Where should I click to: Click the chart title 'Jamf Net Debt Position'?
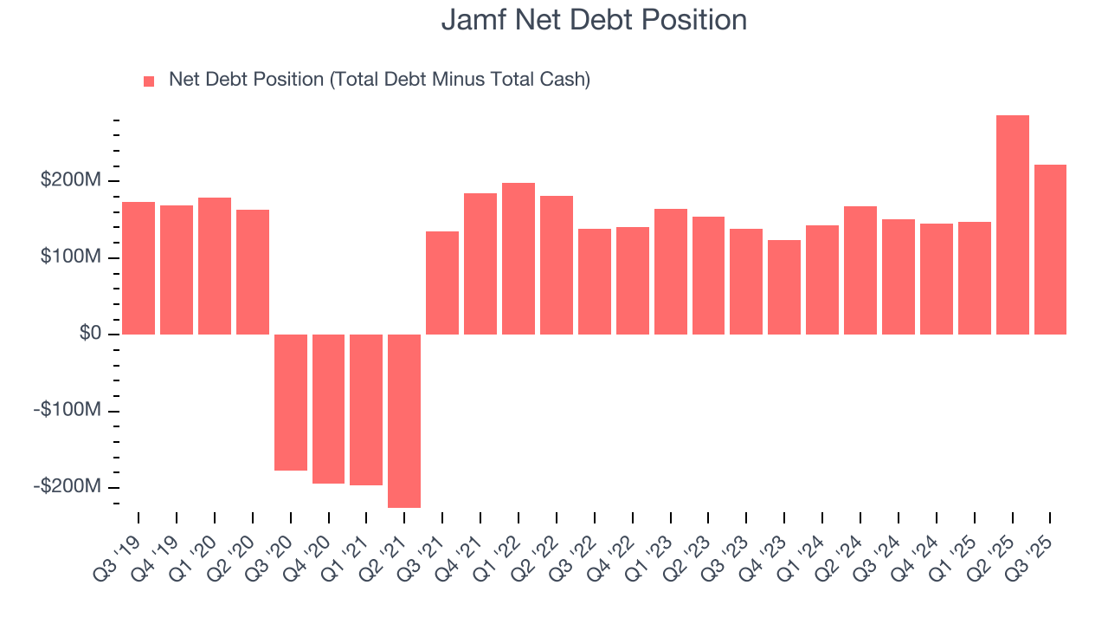(594, 19)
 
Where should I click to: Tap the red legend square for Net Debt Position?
(149, 81)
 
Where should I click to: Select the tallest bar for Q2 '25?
(1012, 224)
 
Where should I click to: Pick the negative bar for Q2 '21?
(404, 420)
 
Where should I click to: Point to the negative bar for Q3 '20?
(291, 402)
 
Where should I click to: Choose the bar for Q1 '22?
(519, 258)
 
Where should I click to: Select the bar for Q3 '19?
(138, 268)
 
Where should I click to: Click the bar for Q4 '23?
(784, 287)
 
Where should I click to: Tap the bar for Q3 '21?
(442, 283)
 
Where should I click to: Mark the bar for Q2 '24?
(860, 270)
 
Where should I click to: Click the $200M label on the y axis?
(70, 180)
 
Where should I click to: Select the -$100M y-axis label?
(67, 410)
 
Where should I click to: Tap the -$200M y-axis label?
(67, 487)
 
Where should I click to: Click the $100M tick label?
(70, 257)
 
